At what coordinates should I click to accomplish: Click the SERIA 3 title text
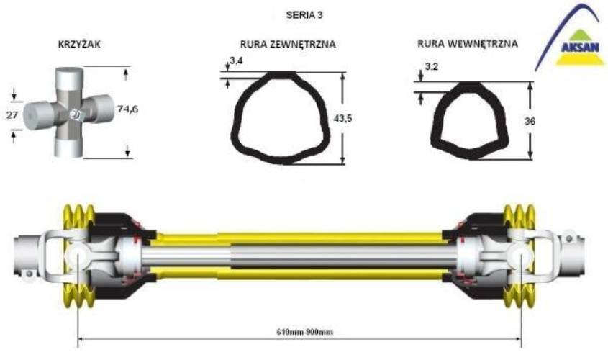click(304, 15)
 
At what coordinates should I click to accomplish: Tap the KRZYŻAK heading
click(79, 44)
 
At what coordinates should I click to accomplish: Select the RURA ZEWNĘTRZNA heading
click(288, 44)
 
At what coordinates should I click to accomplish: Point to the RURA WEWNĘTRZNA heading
click(467, 43)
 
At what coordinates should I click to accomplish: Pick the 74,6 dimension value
click(127, 109)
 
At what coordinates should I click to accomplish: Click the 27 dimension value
click(12, 114)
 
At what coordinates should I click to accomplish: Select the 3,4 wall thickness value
click(236, 60)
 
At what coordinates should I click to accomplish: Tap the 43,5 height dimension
click(342, 119)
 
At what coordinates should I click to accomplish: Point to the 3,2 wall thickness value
click(431, 67)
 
